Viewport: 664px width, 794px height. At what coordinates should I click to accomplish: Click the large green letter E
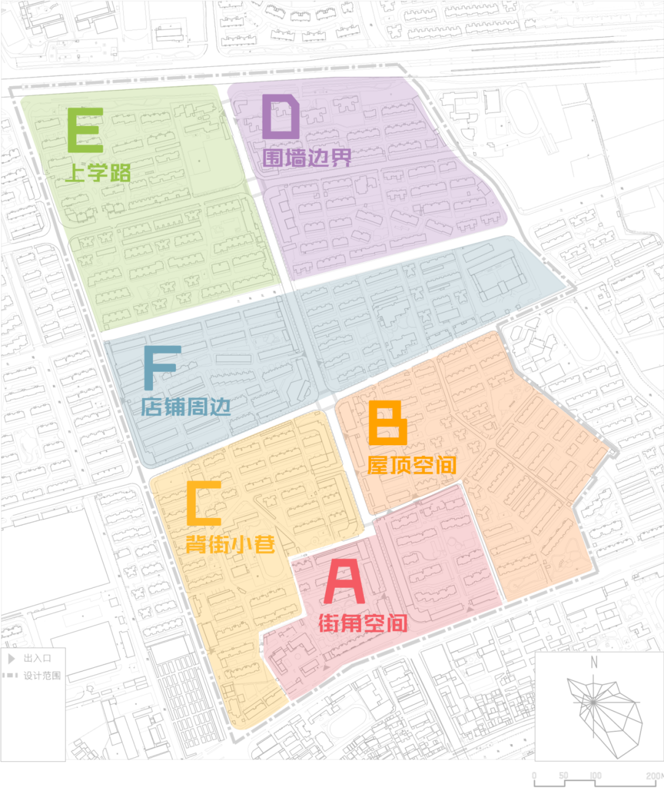(85, 130)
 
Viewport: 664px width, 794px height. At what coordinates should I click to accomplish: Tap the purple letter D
(281, 117)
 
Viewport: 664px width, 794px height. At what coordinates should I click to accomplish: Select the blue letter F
(161, 367)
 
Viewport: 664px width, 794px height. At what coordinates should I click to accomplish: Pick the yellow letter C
(204, 503)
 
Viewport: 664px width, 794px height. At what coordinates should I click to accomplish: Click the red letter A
(344, 581)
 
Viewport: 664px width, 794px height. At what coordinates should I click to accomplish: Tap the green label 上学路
(98, 173)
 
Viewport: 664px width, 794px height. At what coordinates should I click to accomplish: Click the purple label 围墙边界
(307, 158)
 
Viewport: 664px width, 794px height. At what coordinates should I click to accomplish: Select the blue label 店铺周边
(186, 407)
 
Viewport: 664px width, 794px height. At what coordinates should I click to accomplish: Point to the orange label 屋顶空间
(412, 466)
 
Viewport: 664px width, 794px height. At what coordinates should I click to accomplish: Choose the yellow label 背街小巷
(230, 544)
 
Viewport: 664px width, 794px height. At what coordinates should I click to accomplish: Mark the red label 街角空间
(363, 624)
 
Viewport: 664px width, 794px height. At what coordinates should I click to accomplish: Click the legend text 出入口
(38, 658)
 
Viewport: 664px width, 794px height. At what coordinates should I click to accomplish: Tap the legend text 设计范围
(42, 675)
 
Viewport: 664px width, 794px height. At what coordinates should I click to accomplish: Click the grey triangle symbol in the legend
(11, 658)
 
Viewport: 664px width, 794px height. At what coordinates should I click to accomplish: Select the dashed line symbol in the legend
(10, 675)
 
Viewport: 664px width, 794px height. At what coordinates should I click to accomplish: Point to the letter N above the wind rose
(594, 662)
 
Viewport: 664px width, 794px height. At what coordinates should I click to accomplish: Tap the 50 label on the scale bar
(563, 776)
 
